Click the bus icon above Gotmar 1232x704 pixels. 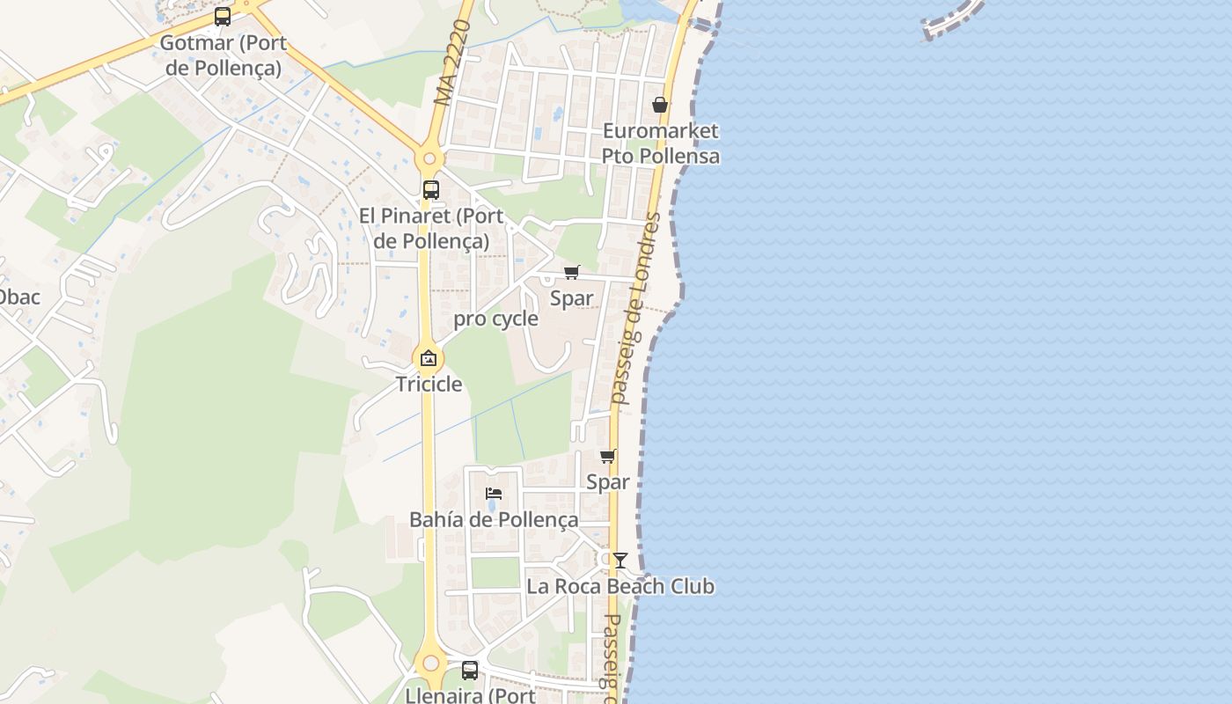[223, 17]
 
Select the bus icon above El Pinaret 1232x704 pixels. [431, 189]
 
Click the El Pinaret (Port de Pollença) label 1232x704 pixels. [431, 228]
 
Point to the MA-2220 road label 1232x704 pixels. [454, 63]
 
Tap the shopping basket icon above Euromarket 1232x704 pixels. [660, 106]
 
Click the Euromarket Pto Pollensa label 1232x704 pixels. [660, 143]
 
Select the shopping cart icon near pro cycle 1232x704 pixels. [572, 272]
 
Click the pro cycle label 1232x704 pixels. [495, 319]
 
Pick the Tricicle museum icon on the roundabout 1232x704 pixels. [429, 358]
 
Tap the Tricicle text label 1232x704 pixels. [429, 384]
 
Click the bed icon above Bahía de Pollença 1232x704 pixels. [494, 493]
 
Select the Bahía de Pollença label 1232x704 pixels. [494, 519]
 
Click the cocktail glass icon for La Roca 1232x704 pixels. [620, 560]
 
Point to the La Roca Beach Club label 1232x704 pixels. [620, 586]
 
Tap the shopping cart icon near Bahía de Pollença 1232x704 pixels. [607, 456]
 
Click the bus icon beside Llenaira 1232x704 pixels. [470, 670]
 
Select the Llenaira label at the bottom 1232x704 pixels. [470, 695]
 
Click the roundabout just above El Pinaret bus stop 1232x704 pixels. [429, 159]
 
